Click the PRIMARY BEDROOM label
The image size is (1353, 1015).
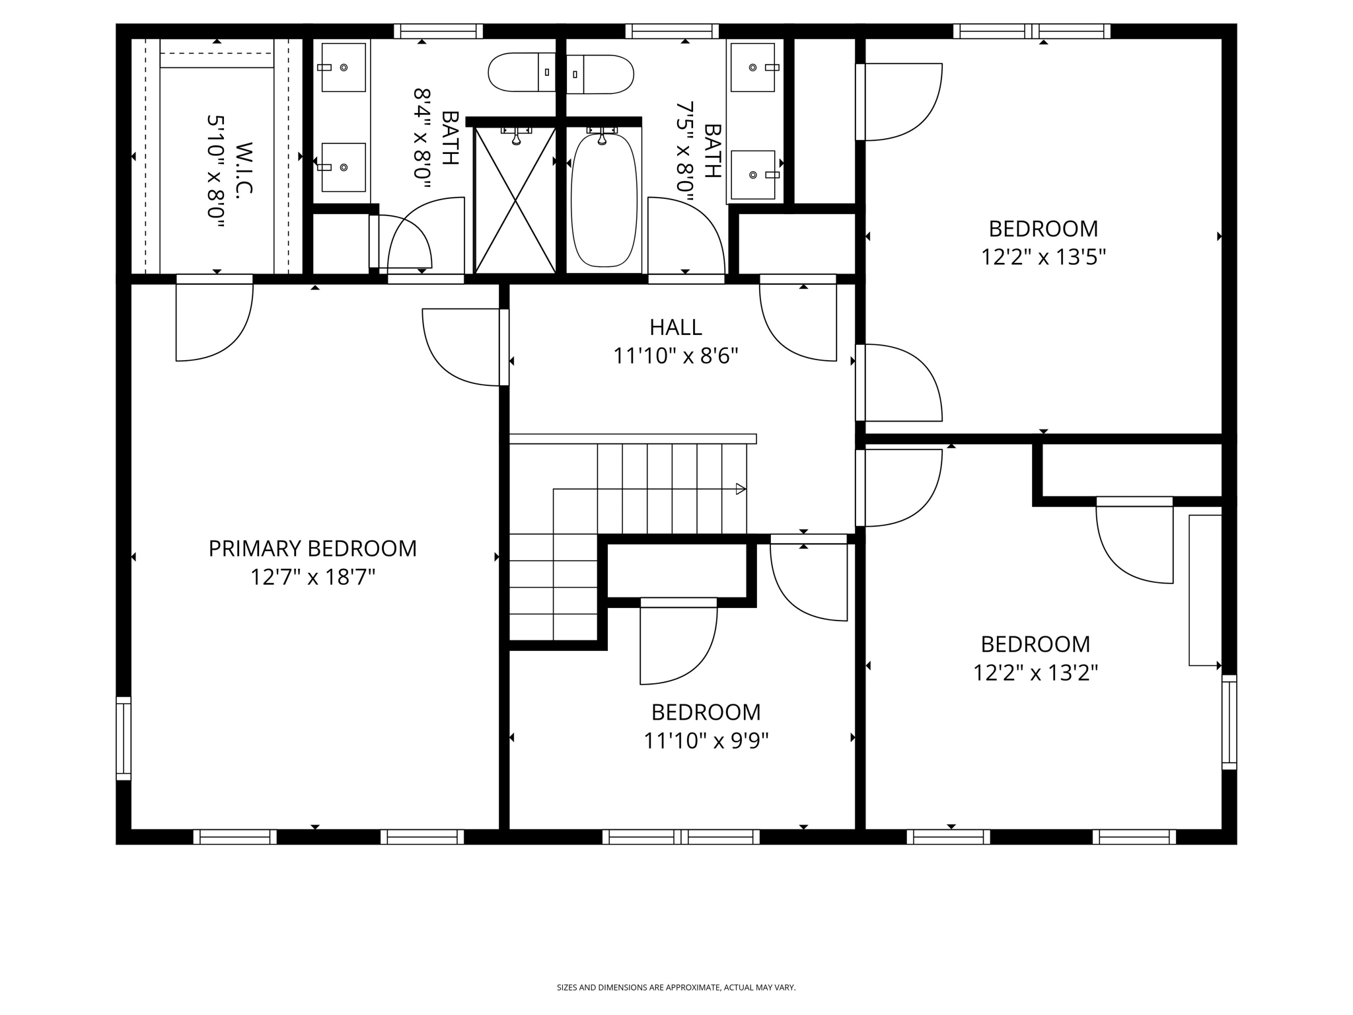coord(312,548)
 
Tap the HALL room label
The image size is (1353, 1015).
coord(675,327)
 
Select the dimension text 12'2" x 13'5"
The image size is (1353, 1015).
coord(1043,257)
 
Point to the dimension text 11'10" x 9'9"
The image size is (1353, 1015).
coord(706,741)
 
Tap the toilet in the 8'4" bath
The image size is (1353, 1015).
coord(521,73)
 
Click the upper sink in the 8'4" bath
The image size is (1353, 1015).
coord(343,67)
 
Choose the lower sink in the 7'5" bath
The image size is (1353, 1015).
coord(753,174)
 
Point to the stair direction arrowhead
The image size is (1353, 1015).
coord(741,489)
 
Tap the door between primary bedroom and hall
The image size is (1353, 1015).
coord(462,347)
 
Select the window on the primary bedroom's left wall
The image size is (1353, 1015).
coord(124,738)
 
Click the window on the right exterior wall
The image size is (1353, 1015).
coord(1229,722)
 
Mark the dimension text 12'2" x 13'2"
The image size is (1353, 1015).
coord(1035,673)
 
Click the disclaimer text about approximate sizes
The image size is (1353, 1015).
coord(676,987)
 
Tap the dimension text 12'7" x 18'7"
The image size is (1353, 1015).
coord(312,578)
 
